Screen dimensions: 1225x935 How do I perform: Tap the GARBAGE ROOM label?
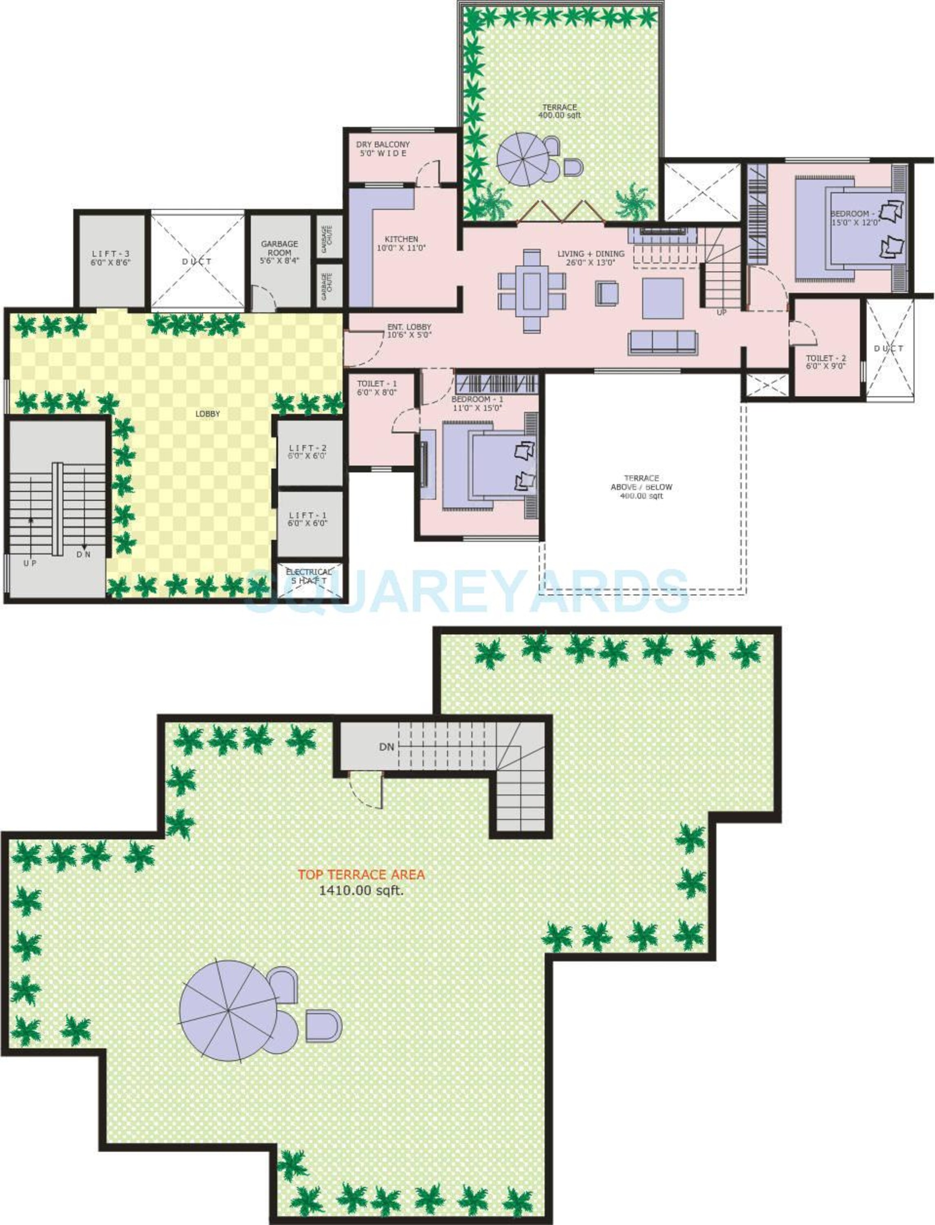coord(279,252)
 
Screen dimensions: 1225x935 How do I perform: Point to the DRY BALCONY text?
coord(383,145)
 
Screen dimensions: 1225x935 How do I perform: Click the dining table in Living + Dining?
coord(532,291)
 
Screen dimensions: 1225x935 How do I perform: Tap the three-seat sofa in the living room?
coord(662,342)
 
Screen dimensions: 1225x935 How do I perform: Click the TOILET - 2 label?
coord(826,362)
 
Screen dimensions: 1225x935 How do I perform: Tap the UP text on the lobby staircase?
coord(30,563)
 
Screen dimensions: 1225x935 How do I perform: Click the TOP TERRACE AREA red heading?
coord(361,874)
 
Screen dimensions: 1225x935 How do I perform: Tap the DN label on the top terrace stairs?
coord(387,747)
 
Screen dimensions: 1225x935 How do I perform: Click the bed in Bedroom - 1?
coord(490,465)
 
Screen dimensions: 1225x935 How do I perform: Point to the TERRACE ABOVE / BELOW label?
coord(641,486)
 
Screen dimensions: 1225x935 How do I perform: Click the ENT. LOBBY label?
coord(409,331)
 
